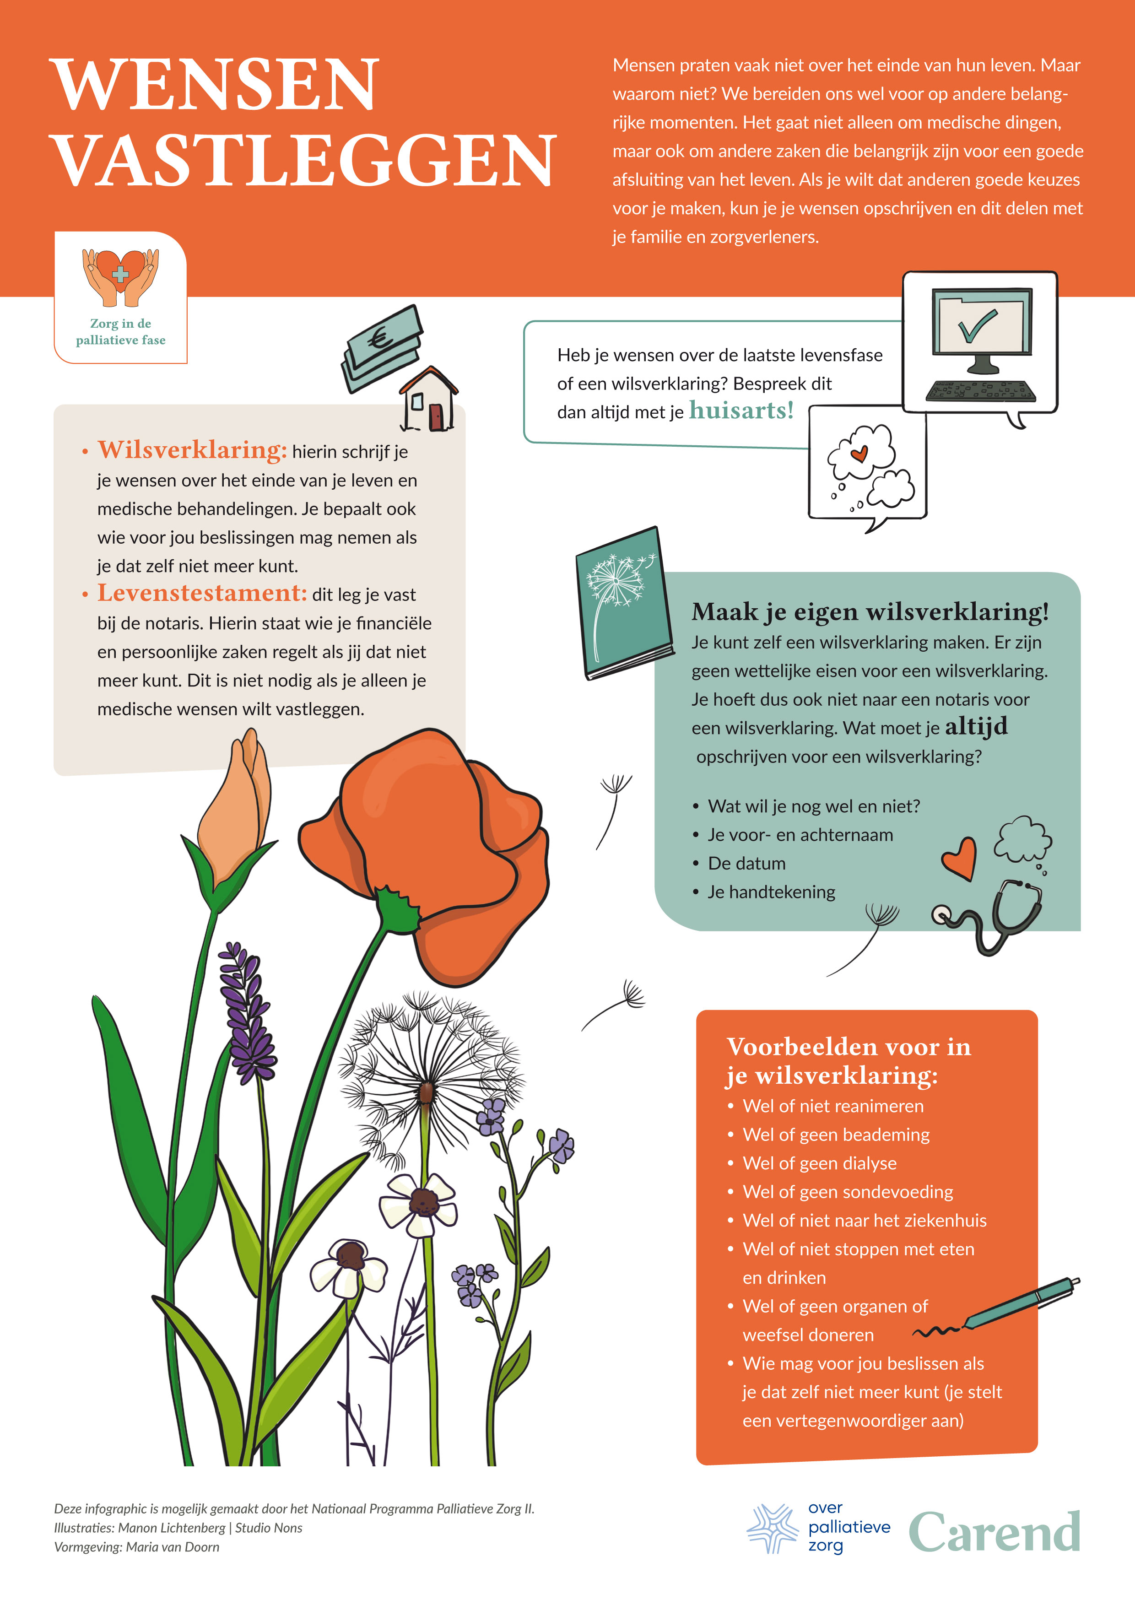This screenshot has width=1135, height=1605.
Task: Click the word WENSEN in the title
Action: (215, 85)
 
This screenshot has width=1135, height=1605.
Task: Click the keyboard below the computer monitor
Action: (981, 391)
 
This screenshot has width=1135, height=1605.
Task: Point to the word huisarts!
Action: (741, 411)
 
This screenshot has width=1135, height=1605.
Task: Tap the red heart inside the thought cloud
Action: (859, 454)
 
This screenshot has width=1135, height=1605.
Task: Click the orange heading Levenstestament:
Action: (202, 593)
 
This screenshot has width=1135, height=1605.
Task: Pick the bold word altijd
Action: (976, 726)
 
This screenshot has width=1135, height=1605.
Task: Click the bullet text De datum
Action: (746, 863)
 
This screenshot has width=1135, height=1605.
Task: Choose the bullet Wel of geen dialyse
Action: (819, 1163)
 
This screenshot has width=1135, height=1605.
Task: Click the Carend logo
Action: (994, 1532)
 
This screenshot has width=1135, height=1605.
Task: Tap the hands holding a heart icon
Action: (120, 277)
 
